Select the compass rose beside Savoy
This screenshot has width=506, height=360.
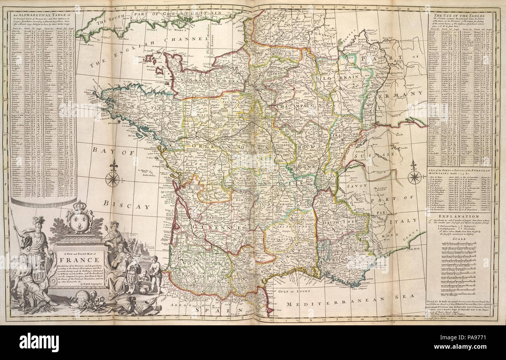coord(414,177)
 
